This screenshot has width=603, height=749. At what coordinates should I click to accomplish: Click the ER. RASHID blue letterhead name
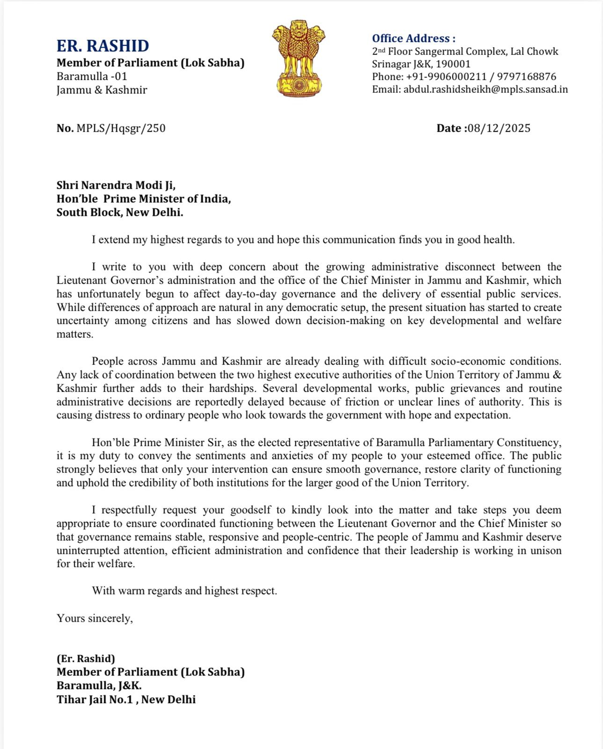(103, 46)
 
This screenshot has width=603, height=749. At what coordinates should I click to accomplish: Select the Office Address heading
(413, 38)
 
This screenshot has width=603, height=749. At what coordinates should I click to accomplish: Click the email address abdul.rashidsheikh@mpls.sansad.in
(485, 89)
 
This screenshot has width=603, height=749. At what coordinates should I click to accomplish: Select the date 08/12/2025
(499, 128)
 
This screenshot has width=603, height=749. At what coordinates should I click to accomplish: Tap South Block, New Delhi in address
(120, 212)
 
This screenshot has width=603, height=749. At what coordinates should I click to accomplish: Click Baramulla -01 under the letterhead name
(92, 76)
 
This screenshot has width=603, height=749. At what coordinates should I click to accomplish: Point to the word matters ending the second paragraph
(75, 335)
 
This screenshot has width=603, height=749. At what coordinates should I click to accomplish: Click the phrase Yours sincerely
(95, 618)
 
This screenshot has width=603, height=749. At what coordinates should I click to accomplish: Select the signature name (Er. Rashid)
(86, 659)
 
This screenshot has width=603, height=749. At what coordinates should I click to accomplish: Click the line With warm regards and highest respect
(184, 591)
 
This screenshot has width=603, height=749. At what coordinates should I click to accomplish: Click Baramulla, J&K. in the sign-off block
(99, 685)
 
